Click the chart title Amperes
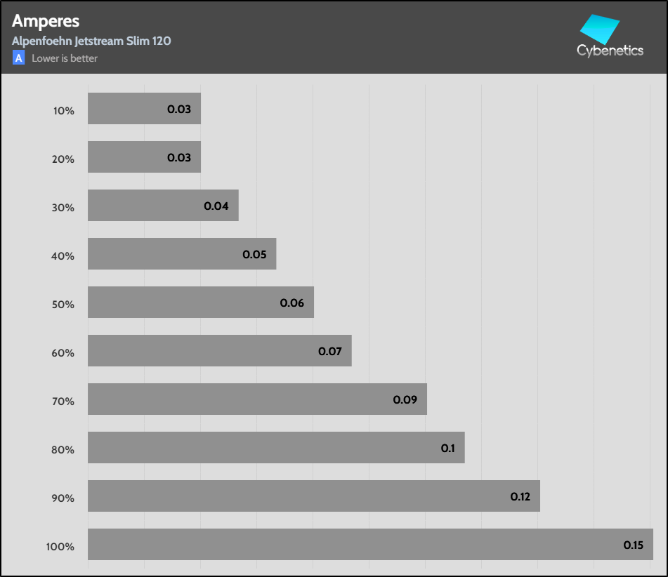(46, 22)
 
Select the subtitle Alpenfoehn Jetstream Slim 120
(91, 41)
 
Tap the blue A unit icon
(18, 58)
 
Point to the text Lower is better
(65, 58)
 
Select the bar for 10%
(144, 109)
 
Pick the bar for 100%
(370, 544)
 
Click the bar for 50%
(200, 303)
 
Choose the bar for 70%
(257, 399)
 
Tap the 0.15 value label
(634, 545)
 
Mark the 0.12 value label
(520, 496)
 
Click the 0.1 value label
(448, 448)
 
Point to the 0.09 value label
(405, 400)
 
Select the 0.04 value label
(216, 206)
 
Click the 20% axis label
(63, 159)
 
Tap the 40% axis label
(63, 256)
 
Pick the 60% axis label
(63, 352)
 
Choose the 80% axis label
(63, 449)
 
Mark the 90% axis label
(63, 498)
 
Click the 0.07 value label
(330, 351)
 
